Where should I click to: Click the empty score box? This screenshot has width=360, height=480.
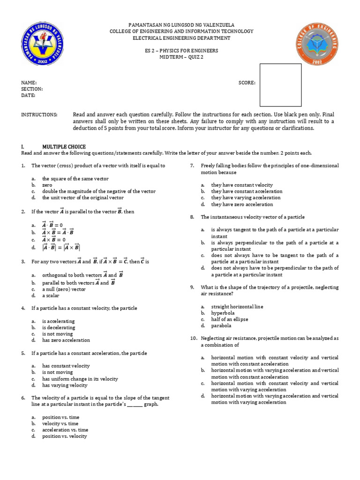point(280,85)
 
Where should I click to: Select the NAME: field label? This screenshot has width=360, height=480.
point(29,82)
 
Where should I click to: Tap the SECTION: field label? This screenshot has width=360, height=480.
point(32,89)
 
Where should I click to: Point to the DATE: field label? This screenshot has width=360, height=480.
point(28,96)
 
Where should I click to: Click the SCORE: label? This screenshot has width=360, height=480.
point(247,82)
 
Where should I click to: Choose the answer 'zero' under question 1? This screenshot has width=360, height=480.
point(47,185)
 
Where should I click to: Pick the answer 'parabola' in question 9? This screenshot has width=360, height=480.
point(221,325)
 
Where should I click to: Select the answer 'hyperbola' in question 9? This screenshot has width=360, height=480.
point(223,313)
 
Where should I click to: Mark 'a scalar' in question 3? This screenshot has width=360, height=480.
point(52,296)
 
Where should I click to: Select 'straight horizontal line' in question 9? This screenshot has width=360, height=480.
point(237,307)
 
